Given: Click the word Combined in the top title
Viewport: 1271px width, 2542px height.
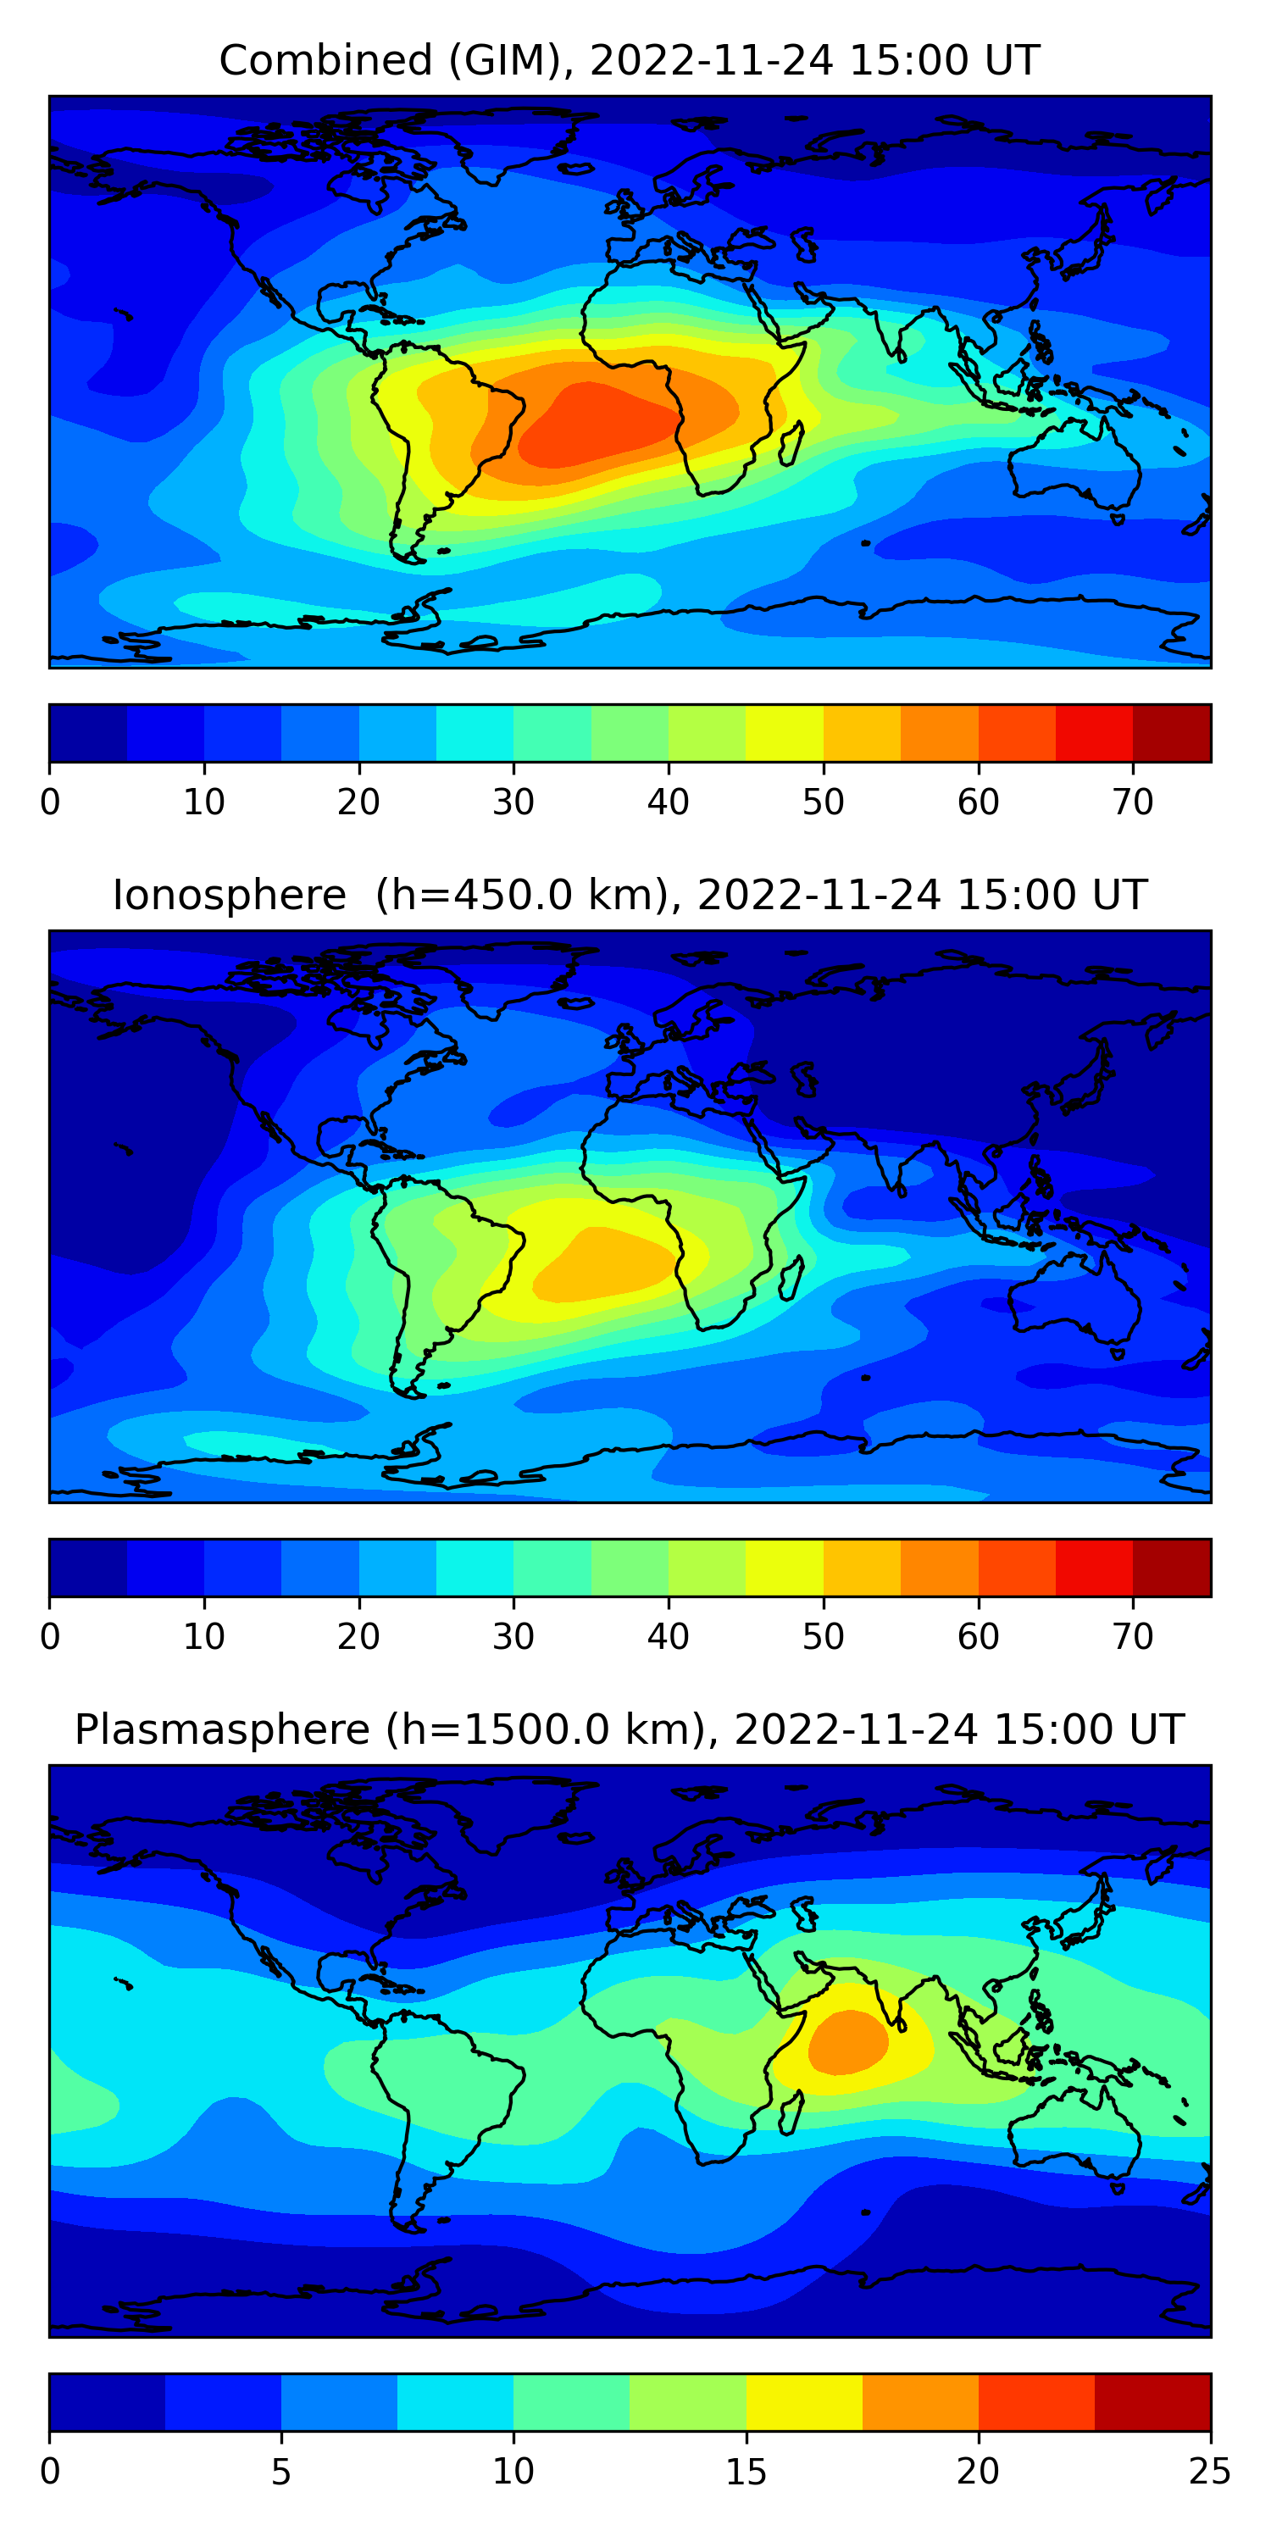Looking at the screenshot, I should tap(325, 61).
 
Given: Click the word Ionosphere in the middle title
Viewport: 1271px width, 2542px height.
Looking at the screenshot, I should tap(229, 896).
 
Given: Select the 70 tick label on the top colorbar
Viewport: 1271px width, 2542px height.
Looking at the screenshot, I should tap(1133, 802).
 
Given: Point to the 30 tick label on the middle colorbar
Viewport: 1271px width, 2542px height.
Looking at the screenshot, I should tap(513, 1636).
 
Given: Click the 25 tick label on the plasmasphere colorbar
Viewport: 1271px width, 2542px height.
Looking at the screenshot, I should tap(1210, 2471).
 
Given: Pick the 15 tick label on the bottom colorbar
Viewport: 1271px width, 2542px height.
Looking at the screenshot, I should tap(746, 2471).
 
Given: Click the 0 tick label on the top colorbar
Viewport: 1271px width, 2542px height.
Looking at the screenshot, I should tap(50, 802).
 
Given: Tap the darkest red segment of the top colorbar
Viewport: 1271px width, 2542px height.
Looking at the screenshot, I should tap(1171, 733).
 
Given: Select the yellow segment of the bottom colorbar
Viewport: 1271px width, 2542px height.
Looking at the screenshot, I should tap(803, 2402).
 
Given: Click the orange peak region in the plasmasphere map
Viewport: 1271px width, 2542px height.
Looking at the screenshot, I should tap(846, 2042).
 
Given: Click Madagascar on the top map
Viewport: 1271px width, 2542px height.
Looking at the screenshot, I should tap(790, 444).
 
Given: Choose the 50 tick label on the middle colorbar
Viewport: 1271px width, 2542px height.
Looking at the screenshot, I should tap(823, 1636).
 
